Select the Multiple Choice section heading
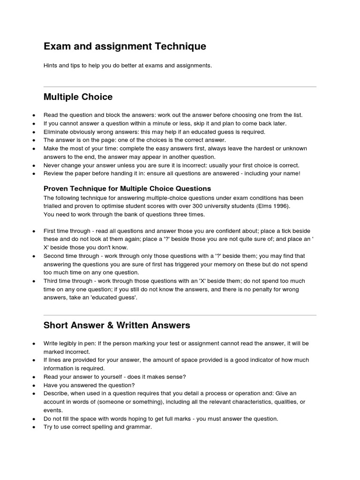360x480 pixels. [x=78, y=97]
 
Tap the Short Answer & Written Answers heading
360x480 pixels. [x=117, y=325]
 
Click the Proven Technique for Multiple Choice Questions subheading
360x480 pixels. [x=127, y=188]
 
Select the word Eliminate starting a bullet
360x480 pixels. [x=56, y=132]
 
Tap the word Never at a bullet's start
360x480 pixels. [x=52, y=165]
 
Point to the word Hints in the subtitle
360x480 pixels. [x=51, y=66]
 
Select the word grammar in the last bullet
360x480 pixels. [x=140, y=427]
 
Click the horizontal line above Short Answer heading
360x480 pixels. [x=180, y=315]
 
